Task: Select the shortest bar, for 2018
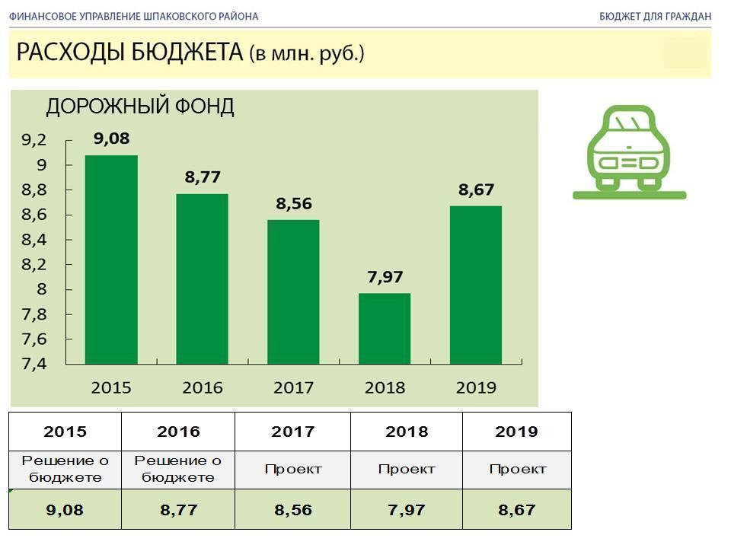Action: [385, 328]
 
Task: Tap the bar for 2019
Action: [476, 285]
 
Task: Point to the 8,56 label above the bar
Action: [293, 204]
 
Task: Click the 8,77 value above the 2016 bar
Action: [202, 177]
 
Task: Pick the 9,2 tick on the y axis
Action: [34, 140]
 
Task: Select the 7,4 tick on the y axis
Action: [34, 364]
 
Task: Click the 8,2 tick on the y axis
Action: [34, 265]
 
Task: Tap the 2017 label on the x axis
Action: [293, 387]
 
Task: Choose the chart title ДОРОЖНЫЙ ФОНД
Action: [140, 107]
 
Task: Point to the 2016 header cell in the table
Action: [178, 432]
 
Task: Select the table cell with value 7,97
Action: [407, 510]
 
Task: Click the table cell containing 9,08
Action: [65, 510]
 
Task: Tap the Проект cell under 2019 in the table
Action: [517, 469]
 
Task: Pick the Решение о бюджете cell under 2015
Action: [65, 469]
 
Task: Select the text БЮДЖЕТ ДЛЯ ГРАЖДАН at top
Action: [655, 16]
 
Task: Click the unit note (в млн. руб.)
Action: [307, 54]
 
